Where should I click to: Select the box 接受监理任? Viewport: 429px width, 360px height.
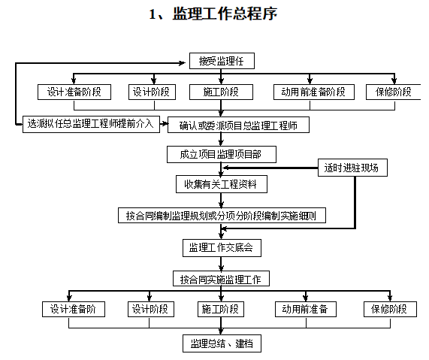tap(222, 61)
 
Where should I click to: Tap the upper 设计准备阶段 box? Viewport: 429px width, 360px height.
tap(74, 92)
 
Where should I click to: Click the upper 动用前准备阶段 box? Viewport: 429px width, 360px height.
tap(314, 92)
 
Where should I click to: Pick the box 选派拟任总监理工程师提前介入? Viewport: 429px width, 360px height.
tap(91, 124)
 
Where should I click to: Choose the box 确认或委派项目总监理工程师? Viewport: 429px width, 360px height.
tap(238, 125)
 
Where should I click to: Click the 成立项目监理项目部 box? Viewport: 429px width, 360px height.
tap(222, 154)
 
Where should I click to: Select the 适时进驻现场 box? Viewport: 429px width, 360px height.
tap(352, 168)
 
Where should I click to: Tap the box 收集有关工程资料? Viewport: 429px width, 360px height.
tap(222, 184)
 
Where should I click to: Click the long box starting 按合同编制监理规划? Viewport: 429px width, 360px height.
tap(222, 216)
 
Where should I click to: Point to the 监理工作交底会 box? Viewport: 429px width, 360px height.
tap(222, 248)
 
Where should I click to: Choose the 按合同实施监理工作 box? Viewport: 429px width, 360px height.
tap(221, 279)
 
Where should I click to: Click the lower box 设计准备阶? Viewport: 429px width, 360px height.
tap(74, 310)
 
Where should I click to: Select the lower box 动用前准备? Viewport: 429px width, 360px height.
tap(306, 310)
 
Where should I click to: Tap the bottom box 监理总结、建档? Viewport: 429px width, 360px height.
tap(222, 343)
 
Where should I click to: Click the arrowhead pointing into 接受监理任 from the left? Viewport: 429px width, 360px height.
tap(183, 63)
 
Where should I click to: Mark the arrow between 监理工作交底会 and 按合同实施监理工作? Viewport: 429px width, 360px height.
tap(222, 264)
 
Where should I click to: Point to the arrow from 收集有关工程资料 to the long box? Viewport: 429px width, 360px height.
tap(222, 200)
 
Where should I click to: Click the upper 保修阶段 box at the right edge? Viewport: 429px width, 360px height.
tap(394, 92)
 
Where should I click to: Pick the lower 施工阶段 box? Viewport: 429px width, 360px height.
tap(221, 310)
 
